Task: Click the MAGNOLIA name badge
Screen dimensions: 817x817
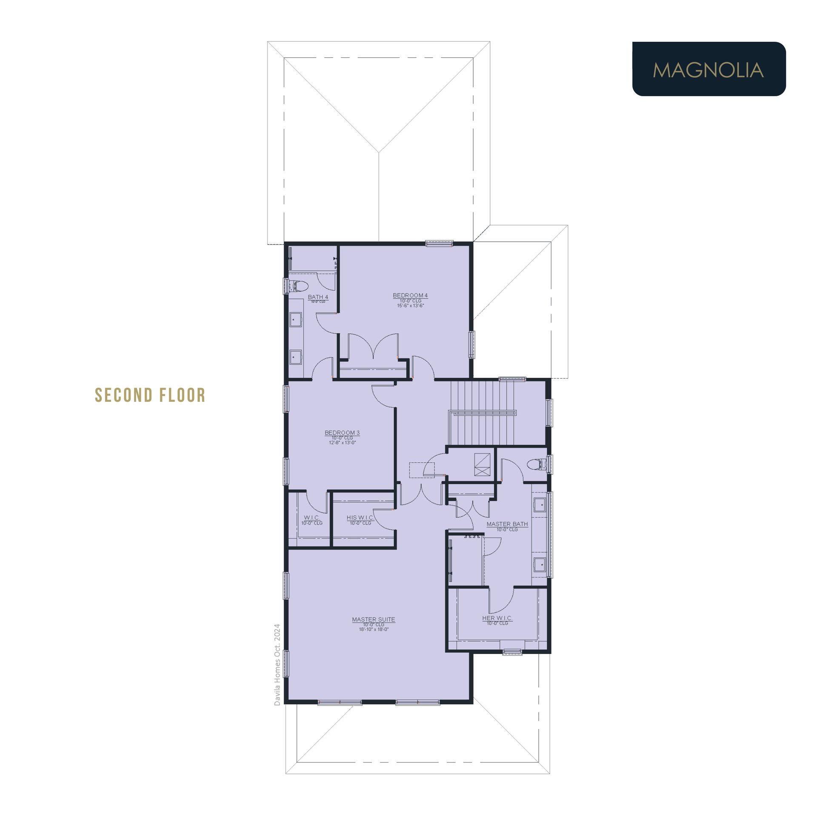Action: [709, 69]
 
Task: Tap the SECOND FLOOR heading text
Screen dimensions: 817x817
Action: [150, 395]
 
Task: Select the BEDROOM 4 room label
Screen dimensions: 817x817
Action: [410, 295]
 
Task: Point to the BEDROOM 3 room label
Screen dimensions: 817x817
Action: [342, 433]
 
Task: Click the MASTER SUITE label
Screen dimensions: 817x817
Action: [374, 620]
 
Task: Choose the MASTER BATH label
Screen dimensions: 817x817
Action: [507, 524]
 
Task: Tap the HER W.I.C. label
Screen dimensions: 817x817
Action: [497, 618]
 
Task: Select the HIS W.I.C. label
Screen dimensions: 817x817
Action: [360, 518]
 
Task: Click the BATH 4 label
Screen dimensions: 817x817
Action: [318, 297]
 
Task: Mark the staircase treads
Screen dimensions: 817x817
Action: [482, 413]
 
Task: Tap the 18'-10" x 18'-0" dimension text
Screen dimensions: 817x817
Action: [374, 629]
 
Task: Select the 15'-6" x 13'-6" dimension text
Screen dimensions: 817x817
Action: [411, 306]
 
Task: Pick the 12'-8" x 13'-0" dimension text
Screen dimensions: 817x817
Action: [342, 443]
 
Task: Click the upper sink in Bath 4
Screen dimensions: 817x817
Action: [296, 320]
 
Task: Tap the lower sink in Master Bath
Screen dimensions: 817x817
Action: [540, 565]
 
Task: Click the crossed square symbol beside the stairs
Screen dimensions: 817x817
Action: [482, 464]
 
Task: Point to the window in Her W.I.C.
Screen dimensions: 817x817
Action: [512, 651]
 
